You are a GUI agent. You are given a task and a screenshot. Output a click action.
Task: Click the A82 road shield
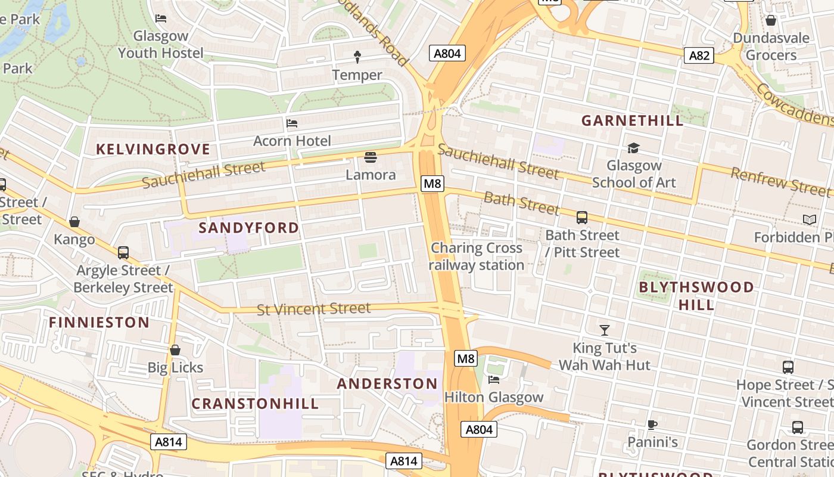pyautogui.click(x=699, y=55)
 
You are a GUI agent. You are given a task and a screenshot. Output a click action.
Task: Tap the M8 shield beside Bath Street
pyautogui.click(x=432, y=183)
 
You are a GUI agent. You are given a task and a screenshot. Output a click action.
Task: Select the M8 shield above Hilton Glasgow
pyautogui.click(x=466, y=358)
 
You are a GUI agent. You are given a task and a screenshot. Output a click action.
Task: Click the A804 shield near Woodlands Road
pyautogui.click(x=447, y=54)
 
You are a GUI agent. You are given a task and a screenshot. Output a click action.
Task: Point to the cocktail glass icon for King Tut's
pyautogui.click(x=605, y=330)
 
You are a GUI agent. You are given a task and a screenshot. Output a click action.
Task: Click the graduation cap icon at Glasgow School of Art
pyautogui.click(x=633, y=147)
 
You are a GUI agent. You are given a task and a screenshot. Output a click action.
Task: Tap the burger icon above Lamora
pyautogui.click(x=371, y=157)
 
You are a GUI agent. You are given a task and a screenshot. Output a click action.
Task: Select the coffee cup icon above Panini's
pyautogui.click(x=652, y=425)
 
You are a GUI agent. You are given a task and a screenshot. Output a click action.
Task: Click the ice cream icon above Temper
pyautogui.click(x=357, y=57)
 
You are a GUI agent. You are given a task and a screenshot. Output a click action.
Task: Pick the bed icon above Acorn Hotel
pyautogui.click(x=292, y=123)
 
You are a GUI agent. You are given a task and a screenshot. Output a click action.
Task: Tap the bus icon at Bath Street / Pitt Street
pyautogui.click(x=582, y=218)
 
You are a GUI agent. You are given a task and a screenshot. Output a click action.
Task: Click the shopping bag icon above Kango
pyautogui.click(x=74, y=222)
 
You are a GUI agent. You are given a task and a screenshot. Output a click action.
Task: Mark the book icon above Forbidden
pyautogui.click(x=809, y=220)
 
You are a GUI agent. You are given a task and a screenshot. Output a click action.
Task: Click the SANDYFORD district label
pyautogui.click(x=248, y=228)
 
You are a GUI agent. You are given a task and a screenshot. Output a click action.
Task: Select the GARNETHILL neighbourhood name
pyautogui.click(x=632, y=120)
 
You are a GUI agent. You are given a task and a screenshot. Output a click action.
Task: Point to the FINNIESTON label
pyautogui.click(x=99, y=323)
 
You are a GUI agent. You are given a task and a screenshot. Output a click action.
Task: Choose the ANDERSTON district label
pyautogui.click(x=387, y=383)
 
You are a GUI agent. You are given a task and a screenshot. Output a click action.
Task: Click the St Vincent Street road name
pyautogui.click(x=313, y=309)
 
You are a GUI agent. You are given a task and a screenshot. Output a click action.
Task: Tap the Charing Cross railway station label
pyautogui.click(x=477, y=256)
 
